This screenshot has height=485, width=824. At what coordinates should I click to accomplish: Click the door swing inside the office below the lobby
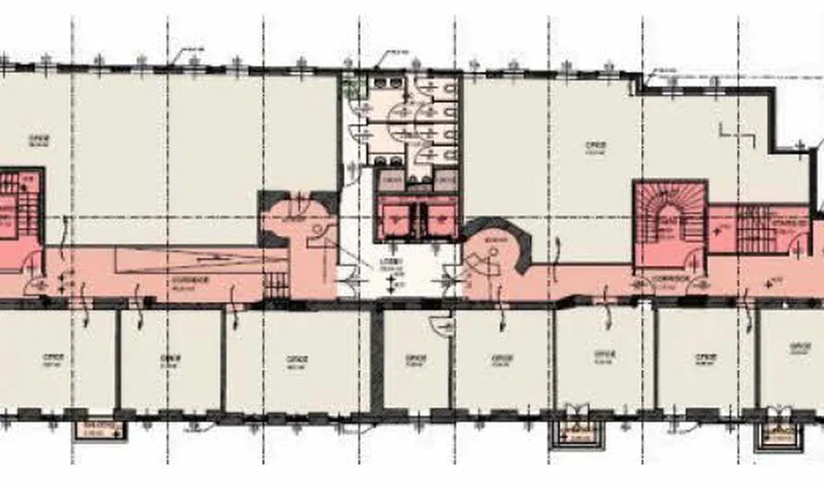coord(442,326)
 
